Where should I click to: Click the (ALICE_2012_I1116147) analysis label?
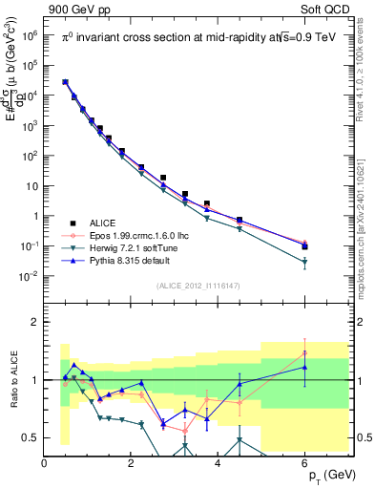point(198,286)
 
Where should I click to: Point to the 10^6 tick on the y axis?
point(28,34)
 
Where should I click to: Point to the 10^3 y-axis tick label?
point(28,125)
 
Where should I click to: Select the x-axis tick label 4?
point(219,464)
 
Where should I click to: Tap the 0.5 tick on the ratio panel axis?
point(31,437)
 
